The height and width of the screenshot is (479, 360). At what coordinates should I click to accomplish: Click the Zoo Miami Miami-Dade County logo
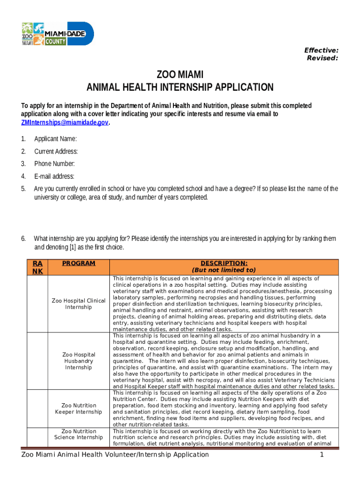point(58,34)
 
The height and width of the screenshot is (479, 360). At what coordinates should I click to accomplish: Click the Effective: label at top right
point(321,50)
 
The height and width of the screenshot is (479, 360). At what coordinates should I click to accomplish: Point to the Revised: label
point(322,58)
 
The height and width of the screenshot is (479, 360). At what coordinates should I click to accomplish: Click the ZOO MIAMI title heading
point(180,75)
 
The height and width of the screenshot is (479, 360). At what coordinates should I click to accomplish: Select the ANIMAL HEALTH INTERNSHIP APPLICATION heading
point(180,87)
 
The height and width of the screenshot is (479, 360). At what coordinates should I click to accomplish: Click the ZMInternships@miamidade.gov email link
point(65,122)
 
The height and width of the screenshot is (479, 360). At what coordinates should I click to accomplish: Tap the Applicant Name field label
point(56,138)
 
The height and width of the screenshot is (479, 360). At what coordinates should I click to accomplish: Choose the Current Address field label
point(56,151)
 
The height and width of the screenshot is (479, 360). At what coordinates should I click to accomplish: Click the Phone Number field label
point(54,164)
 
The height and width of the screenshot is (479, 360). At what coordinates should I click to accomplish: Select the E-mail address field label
point(54,176)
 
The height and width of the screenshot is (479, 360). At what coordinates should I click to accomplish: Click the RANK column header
point(37,268)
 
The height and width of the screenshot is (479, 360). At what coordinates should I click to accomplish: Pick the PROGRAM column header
point(79,263)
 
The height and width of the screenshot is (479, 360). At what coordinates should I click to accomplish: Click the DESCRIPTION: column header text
point(224,263)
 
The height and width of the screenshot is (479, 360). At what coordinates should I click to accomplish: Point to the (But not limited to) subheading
point(224,270)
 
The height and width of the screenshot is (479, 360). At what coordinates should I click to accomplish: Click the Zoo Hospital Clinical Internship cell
point(79,304)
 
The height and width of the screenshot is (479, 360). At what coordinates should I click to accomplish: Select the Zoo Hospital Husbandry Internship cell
point(79,361)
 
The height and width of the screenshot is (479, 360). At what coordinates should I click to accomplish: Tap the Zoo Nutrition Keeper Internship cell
point(79,408)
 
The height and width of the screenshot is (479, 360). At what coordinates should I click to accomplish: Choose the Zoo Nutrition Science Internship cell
point(79,434)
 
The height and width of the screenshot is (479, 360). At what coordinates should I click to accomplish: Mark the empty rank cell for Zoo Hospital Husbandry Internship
point(37,361)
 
